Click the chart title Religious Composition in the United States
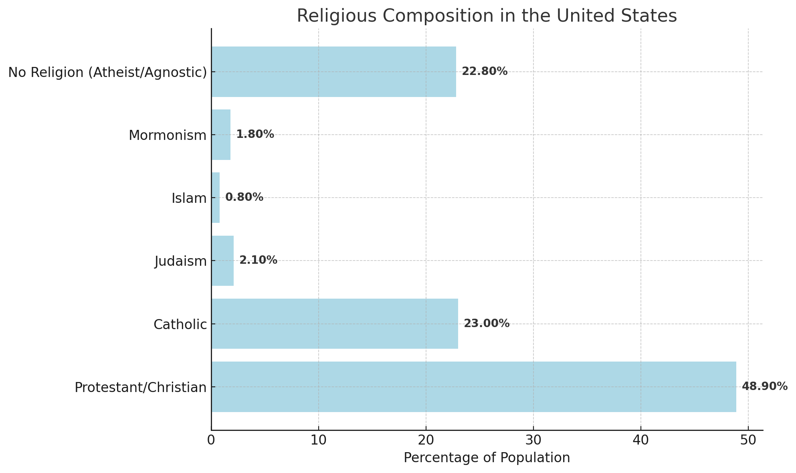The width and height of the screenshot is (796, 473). [x=487, y=16]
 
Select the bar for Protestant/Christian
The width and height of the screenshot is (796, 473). [x=474, y=387]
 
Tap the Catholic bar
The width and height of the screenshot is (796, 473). [x=335, y=323]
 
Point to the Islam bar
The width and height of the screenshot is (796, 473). [x=216, y=198]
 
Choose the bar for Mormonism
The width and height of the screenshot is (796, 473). [x=221, y=135]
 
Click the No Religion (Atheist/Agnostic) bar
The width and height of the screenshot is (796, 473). [x=334, y=72]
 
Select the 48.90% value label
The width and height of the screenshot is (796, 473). [x=764, y=386]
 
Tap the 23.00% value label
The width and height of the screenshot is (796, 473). [x=487, y=323]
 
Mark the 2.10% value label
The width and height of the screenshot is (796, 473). [x=258, y=260]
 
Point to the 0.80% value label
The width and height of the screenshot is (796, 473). [x=244, y=197]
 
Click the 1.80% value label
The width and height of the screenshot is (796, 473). [x=255, y=134]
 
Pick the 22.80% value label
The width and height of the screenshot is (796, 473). [x=485, y=71]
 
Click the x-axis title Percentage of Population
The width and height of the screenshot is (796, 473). [x=487, y=458]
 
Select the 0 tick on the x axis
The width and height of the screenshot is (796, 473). [x=211, y=440]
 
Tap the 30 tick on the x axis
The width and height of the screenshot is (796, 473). [x=533, y=440]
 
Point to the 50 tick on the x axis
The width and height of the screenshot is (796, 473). [x=748, y=440]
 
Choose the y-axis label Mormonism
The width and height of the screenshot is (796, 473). [x=168, y=135]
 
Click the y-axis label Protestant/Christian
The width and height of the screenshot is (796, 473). [x=141, y=388]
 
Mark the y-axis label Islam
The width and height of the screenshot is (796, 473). [x=189, y=198]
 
